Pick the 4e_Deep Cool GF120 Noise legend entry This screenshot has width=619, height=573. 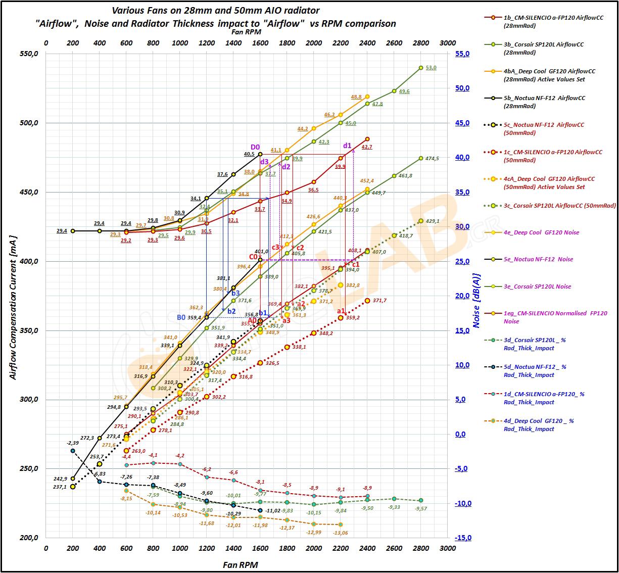[541, 232]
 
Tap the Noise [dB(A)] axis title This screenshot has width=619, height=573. [477, 301]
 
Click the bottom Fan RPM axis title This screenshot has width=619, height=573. [241, 565]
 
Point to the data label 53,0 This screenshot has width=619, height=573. [431, 67]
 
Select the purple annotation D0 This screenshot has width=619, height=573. [255, 147]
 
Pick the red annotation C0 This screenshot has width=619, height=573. [253, 257]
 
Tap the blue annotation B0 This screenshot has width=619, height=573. [181, 317]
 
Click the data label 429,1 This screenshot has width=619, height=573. [433, 221]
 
